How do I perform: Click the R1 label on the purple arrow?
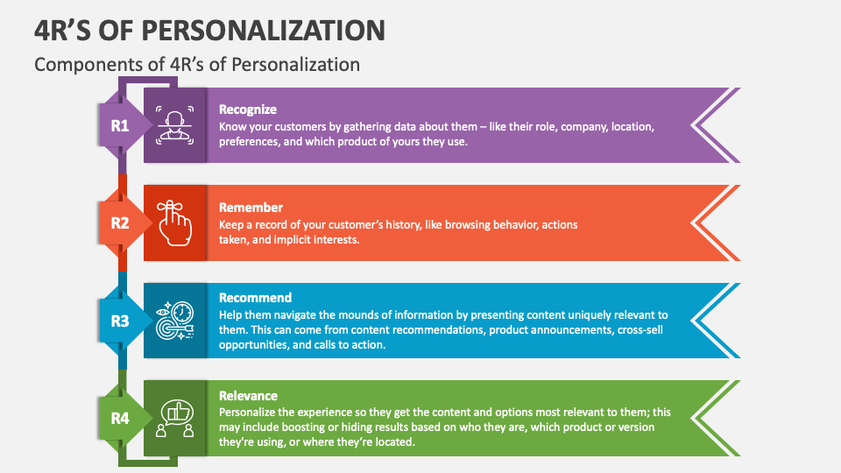(119, 126)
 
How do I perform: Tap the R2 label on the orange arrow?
(119, 223)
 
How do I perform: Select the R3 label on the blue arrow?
(119, 321)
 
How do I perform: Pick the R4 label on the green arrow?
(119, 419)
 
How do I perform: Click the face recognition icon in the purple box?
(175, 125)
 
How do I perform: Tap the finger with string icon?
(175, 223)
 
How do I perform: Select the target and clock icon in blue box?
(175, 321)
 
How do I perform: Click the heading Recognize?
(248, 109)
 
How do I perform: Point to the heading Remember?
(251, 208)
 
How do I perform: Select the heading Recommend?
(255, 298)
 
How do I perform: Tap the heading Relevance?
(248, 396)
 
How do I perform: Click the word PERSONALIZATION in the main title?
(262, 30)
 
